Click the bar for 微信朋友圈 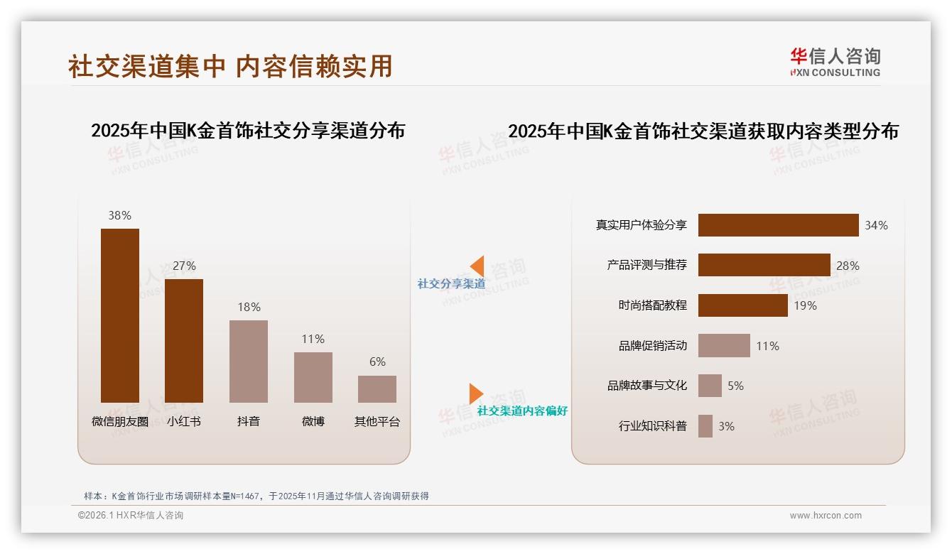[x=120, y=315]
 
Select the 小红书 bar [x=184, y=341]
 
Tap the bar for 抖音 [x=249, y=361]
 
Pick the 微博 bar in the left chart [x=313, y=377]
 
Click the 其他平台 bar [x=377, y=389]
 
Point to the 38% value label [x=120, y=215]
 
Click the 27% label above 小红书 [x=184, y=266]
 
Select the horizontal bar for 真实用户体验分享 [x=778, y=225]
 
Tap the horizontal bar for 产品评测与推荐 [x=764, y=265]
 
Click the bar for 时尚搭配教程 [x=742, y=305]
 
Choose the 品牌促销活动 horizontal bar [x=724, y=346]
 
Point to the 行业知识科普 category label [x=653, y=426]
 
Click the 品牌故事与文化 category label [x=647, y=386]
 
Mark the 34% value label [x=876, y=225]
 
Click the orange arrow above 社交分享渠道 [x=477, y=266]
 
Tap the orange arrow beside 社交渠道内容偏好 [x=475, y=393]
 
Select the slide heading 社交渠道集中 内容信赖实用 [x=230, y=66]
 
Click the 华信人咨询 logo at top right [x=835, y=62]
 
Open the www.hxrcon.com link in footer [x=826, y=516]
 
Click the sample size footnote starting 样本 [x=256, y=496]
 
